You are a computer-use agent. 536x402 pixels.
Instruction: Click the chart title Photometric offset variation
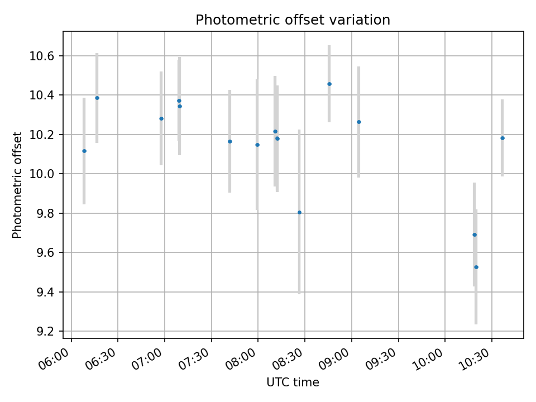293,20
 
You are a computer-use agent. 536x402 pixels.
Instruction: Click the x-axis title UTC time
293,382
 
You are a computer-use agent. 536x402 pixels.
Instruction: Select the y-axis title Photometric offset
17,185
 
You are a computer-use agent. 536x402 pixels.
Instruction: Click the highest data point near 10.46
329,84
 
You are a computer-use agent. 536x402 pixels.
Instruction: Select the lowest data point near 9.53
476,267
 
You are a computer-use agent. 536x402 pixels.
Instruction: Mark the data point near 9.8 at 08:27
299,213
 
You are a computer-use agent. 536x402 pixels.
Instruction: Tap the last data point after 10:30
502,138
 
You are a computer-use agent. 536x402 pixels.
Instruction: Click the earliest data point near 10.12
84,151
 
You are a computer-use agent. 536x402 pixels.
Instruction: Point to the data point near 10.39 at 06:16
97,98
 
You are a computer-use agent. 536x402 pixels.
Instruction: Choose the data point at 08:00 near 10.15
257,145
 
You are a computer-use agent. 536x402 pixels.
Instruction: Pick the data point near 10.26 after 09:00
359,122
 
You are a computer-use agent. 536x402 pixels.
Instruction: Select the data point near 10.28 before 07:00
161,119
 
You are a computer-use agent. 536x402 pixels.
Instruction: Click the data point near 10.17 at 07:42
230,142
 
